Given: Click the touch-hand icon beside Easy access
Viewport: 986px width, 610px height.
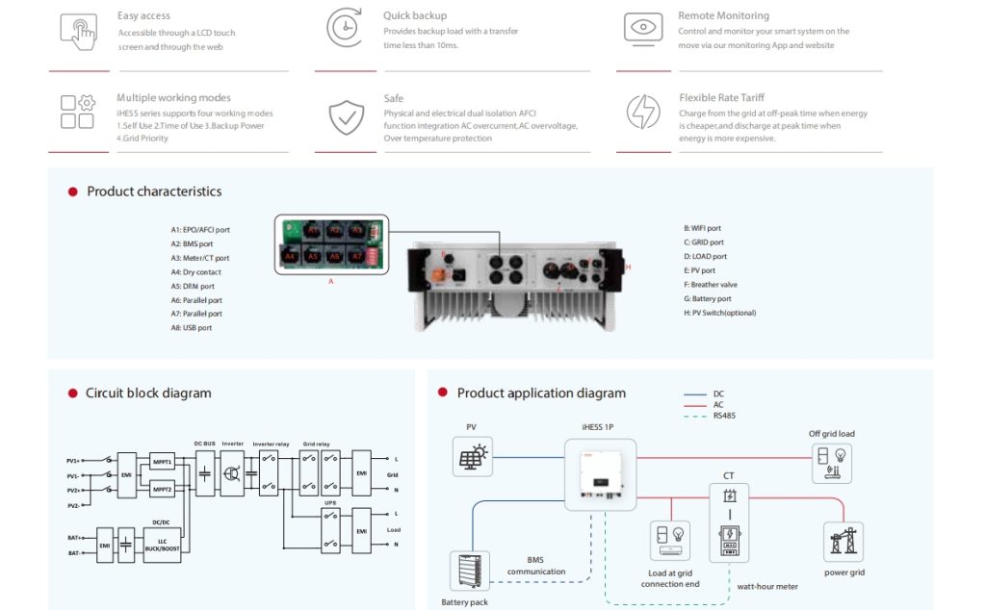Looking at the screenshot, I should pyautogui.click(x=78, y=29).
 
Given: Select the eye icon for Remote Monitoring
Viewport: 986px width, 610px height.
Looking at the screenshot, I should pyautogui.click(x=642, y=28).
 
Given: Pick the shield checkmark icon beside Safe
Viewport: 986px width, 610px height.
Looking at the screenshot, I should pyautogui.click(x=345, y=115).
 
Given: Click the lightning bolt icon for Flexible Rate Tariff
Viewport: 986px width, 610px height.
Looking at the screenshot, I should pyautogui.click(x=642, y=112).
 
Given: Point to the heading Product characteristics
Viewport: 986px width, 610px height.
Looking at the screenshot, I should pyautogui.click(x=154, y=191).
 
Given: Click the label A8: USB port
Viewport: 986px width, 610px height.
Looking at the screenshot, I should pyautogui.click(x=192, y=328).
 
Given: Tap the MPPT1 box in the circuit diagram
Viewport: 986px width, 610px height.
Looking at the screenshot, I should pyautogui.click(x=162, y=463).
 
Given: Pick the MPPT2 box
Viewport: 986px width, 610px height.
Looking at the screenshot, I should pyautogui.click(x=162, y=490).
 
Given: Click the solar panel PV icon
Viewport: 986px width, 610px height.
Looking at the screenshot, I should pyautogui.click(x=472, y=455).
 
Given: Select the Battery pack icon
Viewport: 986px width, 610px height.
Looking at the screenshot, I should pyautogui.click(x=470, y=571).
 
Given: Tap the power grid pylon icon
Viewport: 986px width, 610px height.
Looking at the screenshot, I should pyautogui.click(x=843, y=542).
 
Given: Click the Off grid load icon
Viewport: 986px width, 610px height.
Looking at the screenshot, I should pyautogui.click(x=831, y=463).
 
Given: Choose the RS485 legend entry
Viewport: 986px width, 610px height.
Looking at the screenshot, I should pyautogui.click(x=724, y=417).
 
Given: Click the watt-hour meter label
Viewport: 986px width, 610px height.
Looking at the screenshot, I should pyautogui.click(x=766, y=586).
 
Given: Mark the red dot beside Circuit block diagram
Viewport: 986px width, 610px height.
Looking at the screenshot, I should pyautogui.click(x=72, y=394).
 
